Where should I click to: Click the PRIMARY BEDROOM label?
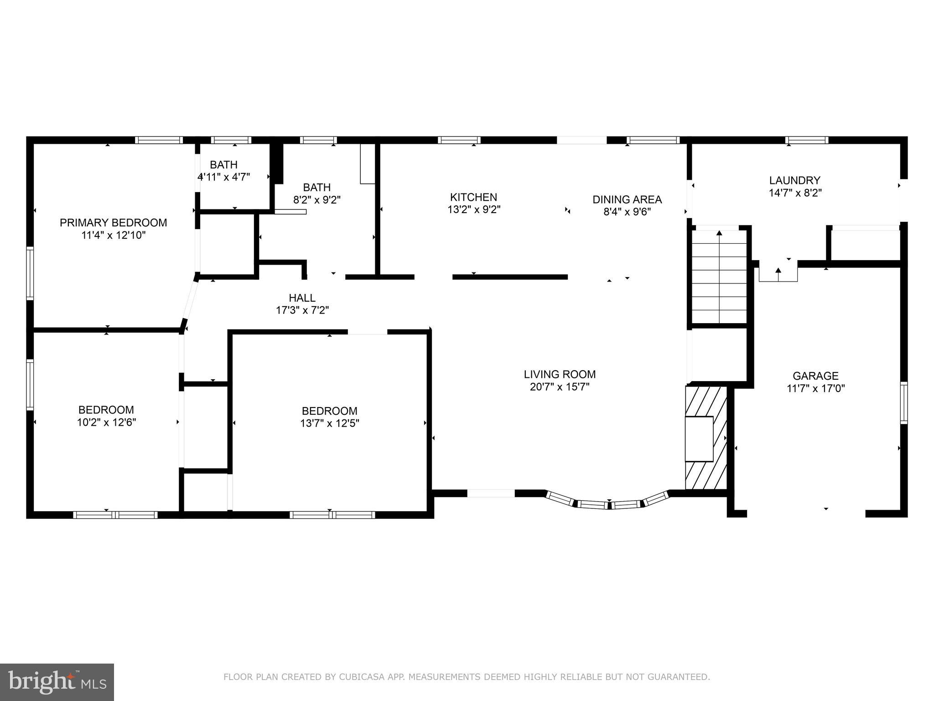113,223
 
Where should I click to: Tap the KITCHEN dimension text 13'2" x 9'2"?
474,210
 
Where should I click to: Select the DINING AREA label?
627,199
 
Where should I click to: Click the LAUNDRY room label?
795,180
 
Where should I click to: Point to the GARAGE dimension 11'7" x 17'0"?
815,389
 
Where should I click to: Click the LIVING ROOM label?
560,374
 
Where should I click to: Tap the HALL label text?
302,298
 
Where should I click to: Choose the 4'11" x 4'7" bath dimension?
223,177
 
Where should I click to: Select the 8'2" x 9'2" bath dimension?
317,200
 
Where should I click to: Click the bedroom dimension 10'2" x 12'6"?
106,423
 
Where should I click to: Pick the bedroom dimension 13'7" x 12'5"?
329,424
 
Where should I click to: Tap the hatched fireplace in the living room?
706,438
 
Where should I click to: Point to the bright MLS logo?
57,682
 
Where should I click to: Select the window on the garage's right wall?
903,403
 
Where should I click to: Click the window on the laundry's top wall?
807,140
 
